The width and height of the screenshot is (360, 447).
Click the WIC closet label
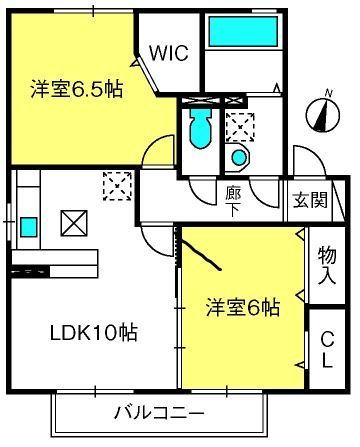coord(169,53)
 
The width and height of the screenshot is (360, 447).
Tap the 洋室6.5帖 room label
coord(77,89)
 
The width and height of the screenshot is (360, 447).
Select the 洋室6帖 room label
coord(243,307)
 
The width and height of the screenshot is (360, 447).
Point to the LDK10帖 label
coord(94,333)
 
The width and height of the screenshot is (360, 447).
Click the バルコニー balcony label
coord(159,414)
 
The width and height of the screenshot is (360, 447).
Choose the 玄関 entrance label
coord(310,200)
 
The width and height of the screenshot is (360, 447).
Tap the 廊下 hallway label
coord(233,201)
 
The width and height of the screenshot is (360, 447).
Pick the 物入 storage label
coord(327,266)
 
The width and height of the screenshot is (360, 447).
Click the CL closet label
coord(327,350)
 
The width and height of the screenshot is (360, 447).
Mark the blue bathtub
coord(243,31)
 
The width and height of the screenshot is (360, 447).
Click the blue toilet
coord(200,128)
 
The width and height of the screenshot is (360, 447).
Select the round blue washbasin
coord(239,157)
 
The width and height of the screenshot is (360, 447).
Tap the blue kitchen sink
coord(28,227)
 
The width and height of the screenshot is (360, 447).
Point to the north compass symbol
coord(323,114)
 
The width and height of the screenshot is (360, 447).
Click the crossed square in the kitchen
coord(74,223)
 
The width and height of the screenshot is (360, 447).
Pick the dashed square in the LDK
coord(117,186)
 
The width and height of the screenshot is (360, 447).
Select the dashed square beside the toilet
coord(240,127)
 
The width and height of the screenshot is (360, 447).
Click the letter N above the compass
coord(329,93)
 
